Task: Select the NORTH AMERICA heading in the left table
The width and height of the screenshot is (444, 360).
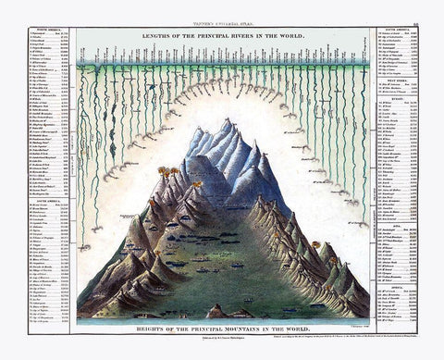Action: coord(39,29)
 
